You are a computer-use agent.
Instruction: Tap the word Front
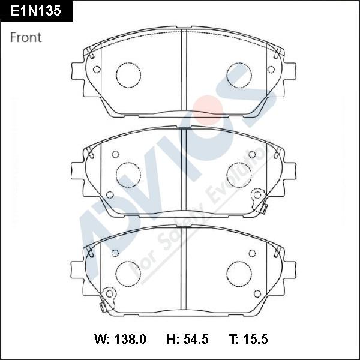tap(26, 37)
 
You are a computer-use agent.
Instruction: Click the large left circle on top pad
tap(128, 75)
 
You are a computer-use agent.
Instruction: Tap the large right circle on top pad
tap(239, 75)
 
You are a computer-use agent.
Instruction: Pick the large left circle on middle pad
tap(128, 175)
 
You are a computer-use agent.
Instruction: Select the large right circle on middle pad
tap(239, 175)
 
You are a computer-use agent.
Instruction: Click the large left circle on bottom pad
tap(128, 274)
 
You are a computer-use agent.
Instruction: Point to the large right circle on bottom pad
tap(239, 274)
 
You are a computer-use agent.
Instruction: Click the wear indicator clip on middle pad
tap(259, 198)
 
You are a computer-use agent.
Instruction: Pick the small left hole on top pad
tap(96, 70)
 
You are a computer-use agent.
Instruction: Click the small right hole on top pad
tap(271, 70)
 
